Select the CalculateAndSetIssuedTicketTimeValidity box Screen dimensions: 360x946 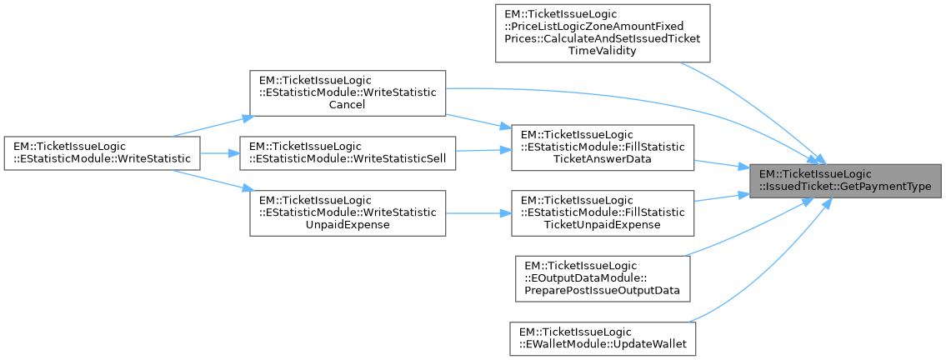click(x=602, y=32)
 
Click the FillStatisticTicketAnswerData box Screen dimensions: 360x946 click(x=602, y=147)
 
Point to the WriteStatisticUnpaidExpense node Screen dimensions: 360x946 click(x=348, y=212)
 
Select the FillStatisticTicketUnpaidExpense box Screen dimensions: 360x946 click(x=602, y=213)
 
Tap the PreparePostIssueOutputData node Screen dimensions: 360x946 click(x=602, y=277)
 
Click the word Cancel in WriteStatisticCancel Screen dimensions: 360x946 click(x=348, y=105)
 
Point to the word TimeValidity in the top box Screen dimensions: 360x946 click(x=602, y=51)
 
